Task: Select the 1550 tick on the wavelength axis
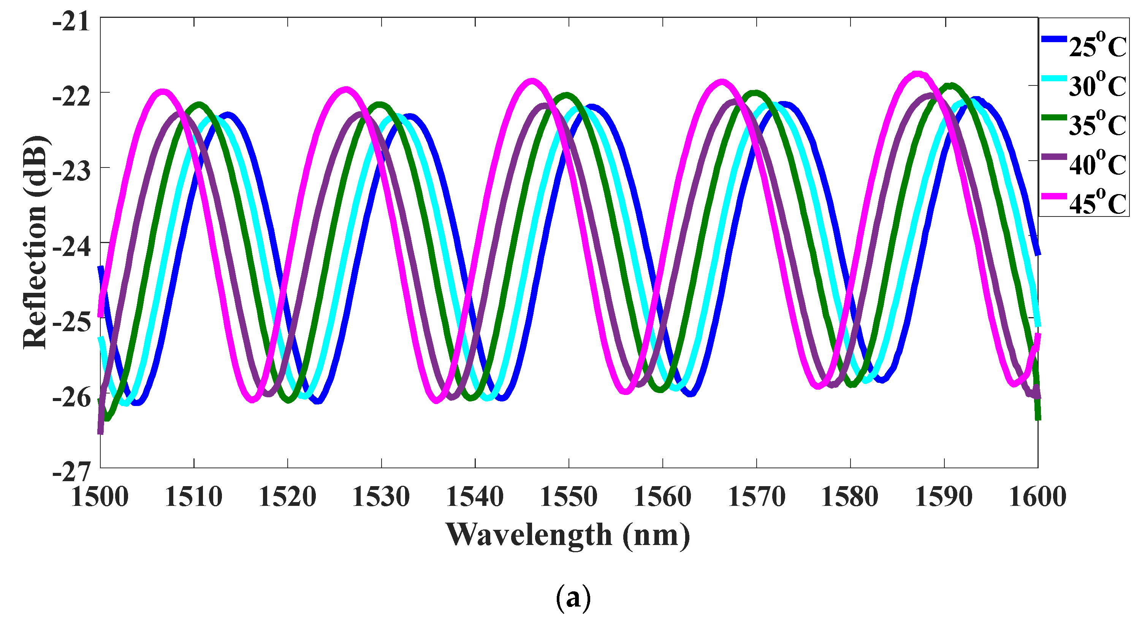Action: coord(569,497)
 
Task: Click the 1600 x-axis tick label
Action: coord(1037,497)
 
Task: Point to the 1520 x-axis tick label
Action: coord(287,497)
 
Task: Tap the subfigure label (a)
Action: coord(573,598)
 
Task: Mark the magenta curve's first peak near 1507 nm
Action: coord(163,92)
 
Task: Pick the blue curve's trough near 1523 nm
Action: coord(318,401)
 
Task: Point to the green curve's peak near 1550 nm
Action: coord(566,95)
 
